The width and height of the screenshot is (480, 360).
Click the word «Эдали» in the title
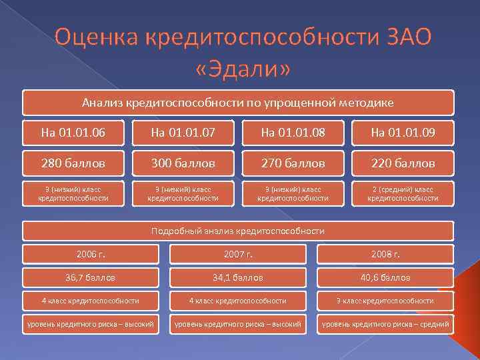point(243,68)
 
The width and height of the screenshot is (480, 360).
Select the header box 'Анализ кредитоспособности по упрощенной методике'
point(238,103)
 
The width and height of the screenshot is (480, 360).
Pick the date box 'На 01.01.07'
point(183,133)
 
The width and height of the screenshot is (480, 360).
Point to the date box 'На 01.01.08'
point(293,133)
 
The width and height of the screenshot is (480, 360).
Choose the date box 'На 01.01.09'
point(403,133)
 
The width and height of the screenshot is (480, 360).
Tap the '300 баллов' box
point(183,163)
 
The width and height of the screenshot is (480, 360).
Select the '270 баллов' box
point(293,163)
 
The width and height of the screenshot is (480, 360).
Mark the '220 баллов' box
point(403,163)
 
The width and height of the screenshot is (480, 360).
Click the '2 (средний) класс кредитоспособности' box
point(403,193)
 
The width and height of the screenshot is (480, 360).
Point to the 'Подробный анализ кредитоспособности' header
point(238,231)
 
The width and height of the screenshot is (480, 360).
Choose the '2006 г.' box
point(91,254)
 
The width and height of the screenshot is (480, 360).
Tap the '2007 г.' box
point(238,254)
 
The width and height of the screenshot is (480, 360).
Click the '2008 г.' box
point(385,254)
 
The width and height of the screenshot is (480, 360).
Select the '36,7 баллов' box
point(91,277)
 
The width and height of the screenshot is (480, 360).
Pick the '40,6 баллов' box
point(385,277)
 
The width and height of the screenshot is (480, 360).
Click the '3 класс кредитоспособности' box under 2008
point(385,301)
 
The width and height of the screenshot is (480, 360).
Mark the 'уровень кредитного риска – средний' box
point(385,325)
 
